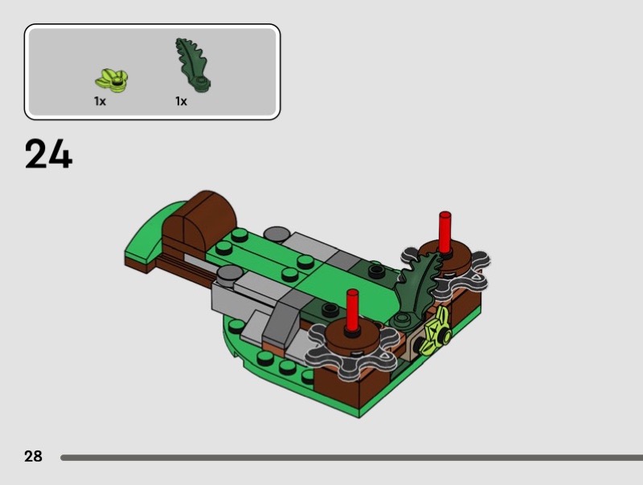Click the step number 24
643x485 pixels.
point(49,153)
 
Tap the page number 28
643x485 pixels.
point(33,456)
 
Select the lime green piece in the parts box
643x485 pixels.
point(111,79)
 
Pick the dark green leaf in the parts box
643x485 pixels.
point(192,64)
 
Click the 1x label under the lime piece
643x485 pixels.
point(100,101)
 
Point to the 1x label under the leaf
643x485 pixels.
point(182,101)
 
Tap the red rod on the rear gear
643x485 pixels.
point(445,233)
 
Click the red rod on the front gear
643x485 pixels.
point(352,312)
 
